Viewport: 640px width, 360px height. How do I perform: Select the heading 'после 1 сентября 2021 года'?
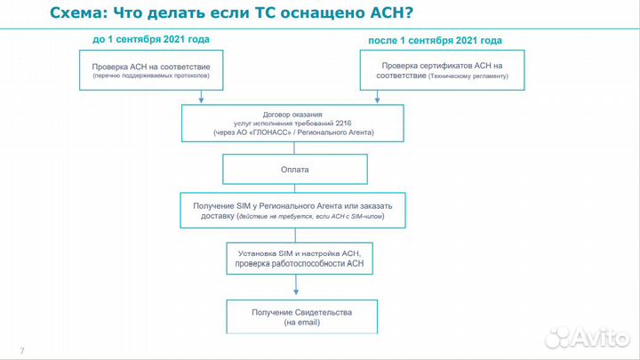[436, 40]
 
